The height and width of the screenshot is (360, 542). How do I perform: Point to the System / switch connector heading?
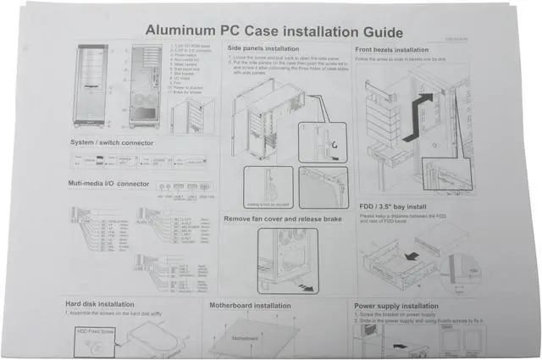click(x=112, y=143)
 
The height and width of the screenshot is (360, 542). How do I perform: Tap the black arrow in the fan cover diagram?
click(x=316, y=288)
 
